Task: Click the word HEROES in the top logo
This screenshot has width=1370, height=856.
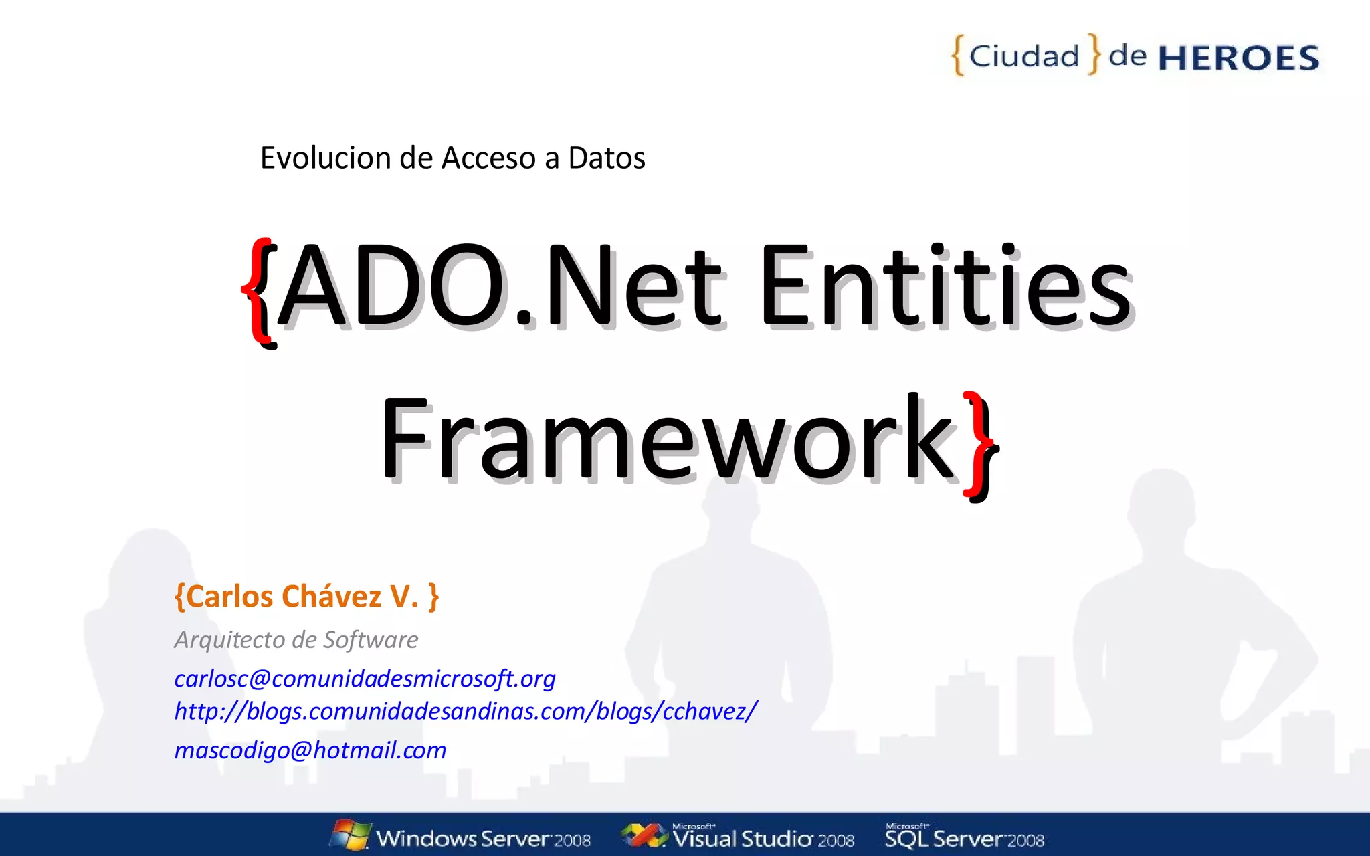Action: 1238,58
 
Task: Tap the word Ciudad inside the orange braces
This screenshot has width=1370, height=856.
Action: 1024,56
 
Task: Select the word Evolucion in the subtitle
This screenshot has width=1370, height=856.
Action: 326,158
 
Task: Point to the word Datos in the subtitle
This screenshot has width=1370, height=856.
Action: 606,158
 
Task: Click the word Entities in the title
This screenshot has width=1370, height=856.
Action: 945,288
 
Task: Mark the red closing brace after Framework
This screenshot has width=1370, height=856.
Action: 979,444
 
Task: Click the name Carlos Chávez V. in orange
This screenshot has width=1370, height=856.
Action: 306,597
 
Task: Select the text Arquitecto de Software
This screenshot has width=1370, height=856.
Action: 296,640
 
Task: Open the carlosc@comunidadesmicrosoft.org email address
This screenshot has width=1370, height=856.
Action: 365,679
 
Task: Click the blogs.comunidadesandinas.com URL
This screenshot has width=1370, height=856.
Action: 466,711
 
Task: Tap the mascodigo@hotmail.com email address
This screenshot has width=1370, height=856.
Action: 310,750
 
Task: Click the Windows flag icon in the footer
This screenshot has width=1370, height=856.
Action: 351,835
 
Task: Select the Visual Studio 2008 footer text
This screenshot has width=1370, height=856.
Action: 763,839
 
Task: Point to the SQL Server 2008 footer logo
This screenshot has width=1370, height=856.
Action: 964,837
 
